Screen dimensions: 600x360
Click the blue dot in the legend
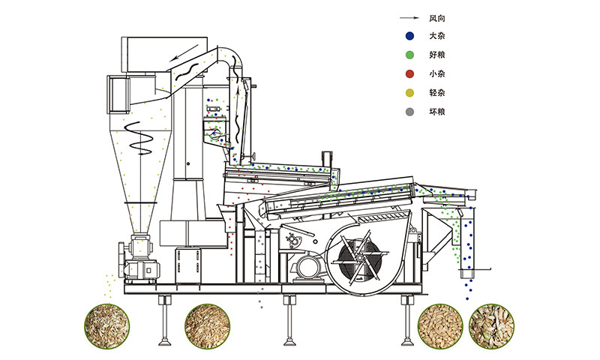[409, 36]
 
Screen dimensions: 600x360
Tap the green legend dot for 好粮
[409, 55]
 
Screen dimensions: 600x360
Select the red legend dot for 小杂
[409, 73]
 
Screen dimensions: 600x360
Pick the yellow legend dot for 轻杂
[409, 92]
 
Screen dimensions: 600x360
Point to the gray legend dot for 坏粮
[409, 112]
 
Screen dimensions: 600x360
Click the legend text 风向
[436, 18]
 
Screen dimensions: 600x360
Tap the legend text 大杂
[436, 36]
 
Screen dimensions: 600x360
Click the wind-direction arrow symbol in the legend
[409, 18]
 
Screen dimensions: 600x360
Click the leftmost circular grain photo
[106, 326]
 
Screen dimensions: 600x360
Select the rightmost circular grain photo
[492, 326]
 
